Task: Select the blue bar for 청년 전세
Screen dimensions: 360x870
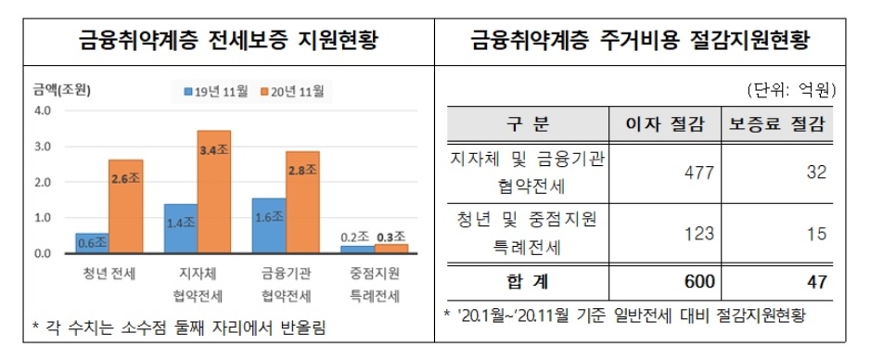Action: [91, 243]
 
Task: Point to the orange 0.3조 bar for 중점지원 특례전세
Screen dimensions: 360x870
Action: [391, 249]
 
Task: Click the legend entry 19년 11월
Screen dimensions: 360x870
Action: [217, 91]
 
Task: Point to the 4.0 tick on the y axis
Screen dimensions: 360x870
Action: [43, 111]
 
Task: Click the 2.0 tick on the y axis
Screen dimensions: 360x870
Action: [43, 182]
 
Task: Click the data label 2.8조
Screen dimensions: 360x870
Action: [302, 171]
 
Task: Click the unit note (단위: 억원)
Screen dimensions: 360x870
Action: [791, 90]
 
